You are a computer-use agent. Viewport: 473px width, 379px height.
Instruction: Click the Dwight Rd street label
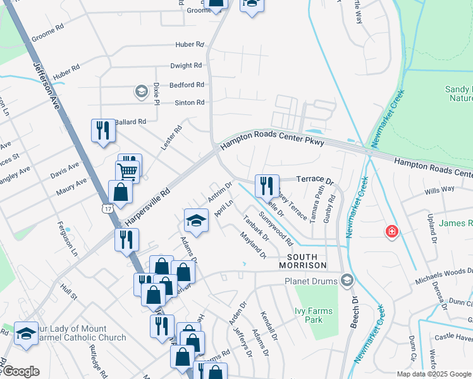[x=186, y=65]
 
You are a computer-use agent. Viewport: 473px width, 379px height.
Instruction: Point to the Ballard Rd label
[x=130, y=121]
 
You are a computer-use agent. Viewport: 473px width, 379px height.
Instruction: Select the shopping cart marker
[x=127, y=171]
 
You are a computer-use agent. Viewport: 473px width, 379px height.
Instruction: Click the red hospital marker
[x=392, y=232]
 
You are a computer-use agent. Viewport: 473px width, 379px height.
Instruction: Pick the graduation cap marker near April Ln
[x=196, y=220]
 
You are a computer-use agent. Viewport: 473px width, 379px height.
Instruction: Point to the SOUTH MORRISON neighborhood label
[x=307, y=261]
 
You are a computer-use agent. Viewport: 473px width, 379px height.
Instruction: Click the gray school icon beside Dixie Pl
[x=140, y=92]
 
